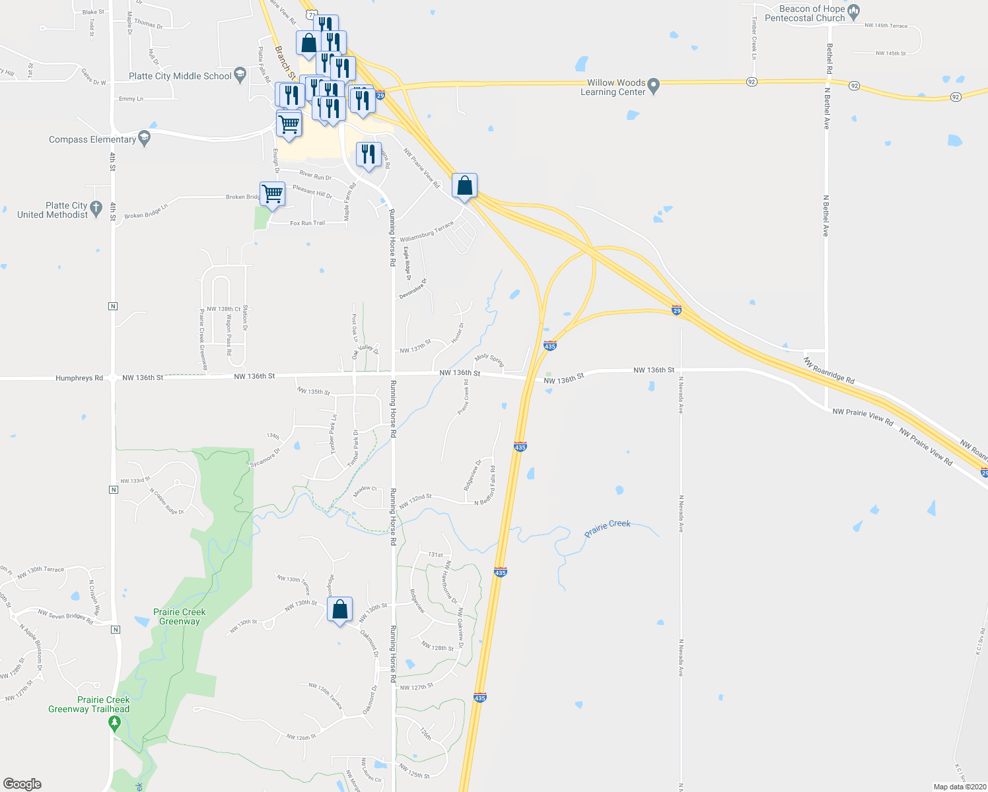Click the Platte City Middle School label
[x=180, y=76]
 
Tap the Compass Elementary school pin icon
[x=145, y=139]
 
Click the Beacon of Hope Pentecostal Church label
[x=804, y=13]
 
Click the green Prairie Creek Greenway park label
[x=180, y=616]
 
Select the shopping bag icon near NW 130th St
[x=339, y=610]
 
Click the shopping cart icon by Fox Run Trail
[x=272, y=194]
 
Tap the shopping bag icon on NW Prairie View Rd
[x=464, y=186]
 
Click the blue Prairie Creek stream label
[x=608, y=527]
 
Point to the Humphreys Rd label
[x=79, y=378]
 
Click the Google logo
[x=22, y=783]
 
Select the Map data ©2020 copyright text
[x=960, y=787]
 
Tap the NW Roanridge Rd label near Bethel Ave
[x=829, y=370]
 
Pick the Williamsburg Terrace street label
[x=427, y=230]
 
